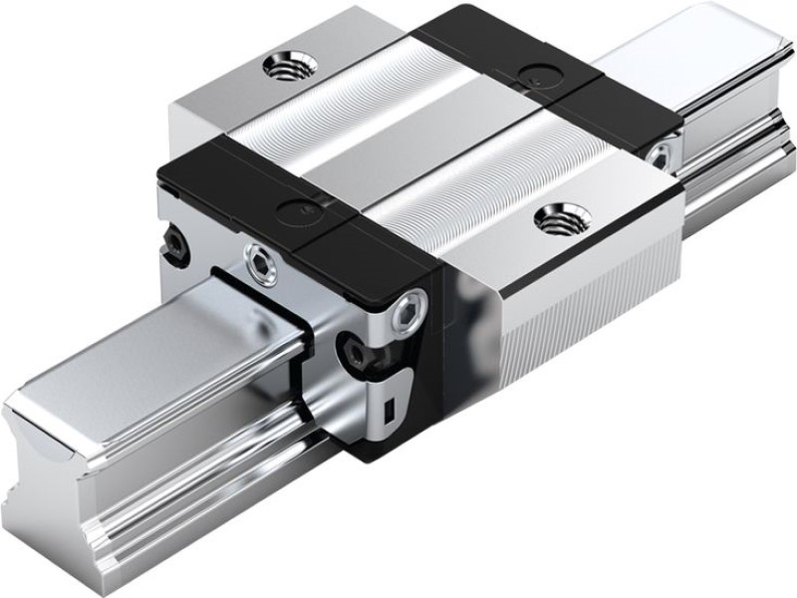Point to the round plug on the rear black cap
pos(538,72)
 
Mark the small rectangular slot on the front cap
pos(393,407)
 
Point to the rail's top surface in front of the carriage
pos(149,344)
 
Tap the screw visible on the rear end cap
pos(659,151)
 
